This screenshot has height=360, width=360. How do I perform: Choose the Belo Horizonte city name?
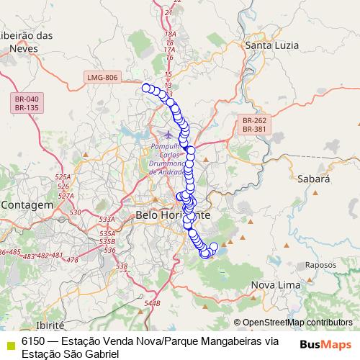coord(173,215)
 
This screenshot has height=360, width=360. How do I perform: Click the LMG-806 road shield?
coord(101,77)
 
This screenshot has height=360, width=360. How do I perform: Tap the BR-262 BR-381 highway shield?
coord(254,125)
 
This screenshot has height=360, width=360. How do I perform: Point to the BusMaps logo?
coord(325,344)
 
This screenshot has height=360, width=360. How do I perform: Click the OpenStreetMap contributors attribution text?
coord(297,323)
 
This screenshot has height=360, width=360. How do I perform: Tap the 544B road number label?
coord(152,304)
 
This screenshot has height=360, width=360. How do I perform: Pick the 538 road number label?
coord(121,266)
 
